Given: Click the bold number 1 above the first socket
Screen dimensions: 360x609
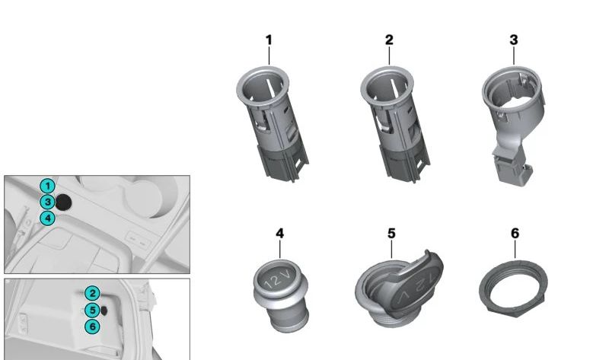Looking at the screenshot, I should click(x=269, y=40).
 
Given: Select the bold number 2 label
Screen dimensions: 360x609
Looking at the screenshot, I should click(x=389, y=40).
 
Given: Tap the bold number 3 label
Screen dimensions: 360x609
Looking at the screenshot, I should click(x=514, y=40).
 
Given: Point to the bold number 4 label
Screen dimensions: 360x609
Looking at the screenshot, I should click(x=279, y=233).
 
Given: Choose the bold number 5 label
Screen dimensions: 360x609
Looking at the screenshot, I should click(x=391, y=233).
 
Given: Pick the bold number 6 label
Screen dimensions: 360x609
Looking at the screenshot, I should click(x=515, y=233).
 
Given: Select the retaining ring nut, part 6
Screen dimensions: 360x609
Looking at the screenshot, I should click(x=514, y=289).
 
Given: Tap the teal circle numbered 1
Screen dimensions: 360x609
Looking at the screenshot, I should click(x=47, y=186).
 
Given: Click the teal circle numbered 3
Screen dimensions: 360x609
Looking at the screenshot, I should click(x=47, y=202).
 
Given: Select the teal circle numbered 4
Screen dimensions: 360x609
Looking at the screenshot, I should click(x=47, y=218).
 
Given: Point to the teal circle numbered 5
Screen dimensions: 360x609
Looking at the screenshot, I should click(x=91, y=310).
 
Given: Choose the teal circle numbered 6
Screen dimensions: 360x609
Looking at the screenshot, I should click(x=91, y=326).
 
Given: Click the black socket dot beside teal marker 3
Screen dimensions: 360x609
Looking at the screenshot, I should click(x=65, y=202).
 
